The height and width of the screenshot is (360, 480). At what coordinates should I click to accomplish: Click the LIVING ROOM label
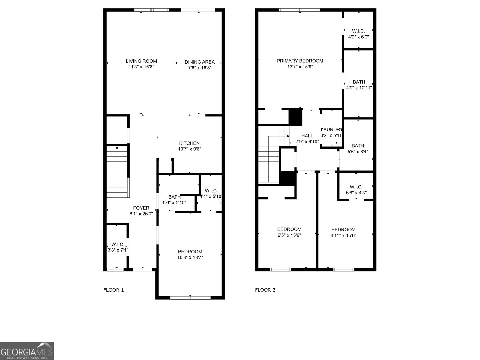141,61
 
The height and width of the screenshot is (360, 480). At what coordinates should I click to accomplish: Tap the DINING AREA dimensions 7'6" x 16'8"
200,68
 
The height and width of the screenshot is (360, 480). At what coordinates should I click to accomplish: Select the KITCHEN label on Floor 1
189,143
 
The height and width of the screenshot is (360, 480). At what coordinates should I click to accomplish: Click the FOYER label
141,208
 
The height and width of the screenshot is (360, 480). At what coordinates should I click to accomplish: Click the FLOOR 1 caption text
114,290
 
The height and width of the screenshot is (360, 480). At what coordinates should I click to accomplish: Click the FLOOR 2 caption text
265,290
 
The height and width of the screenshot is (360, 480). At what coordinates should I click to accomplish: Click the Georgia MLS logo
27,351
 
